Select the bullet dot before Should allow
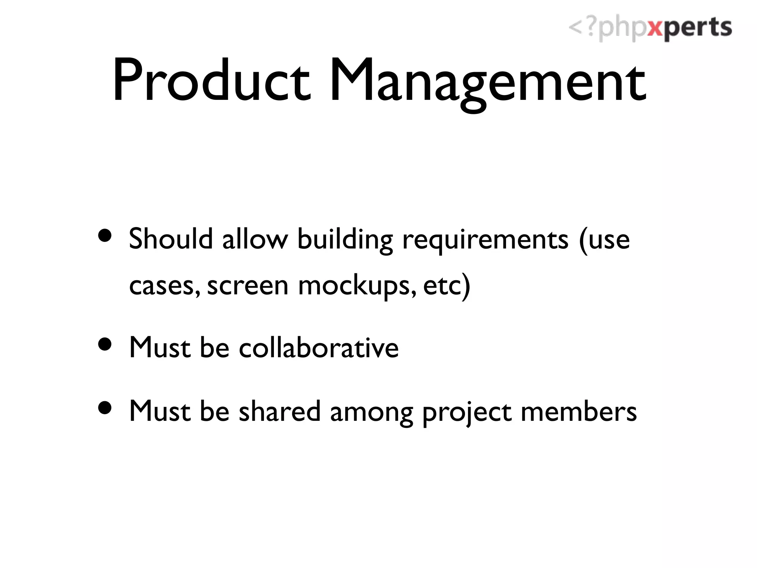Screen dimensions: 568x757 (105, 236)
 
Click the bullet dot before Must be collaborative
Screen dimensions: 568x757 (105, 344)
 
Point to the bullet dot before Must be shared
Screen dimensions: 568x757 (105, 408)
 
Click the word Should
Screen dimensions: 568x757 (171, 239)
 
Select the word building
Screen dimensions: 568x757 (345, 240)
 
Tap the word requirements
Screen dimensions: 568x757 (485, 240)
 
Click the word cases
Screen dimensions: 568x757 (163, 286)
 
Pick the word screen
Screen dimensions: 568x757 (247, 286)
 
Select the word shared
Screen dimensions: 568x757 (279, 411)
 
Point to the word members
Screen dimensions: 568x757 (578, 411)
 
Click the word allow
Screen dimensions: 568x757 (255, 239)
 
